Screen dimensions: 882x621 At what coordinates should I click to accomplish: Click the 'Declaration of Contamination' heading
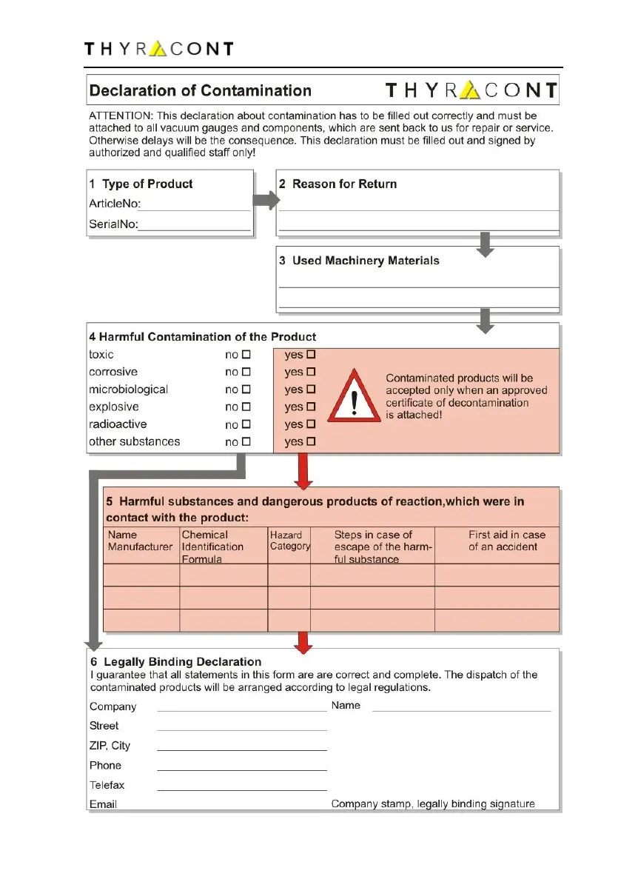[200, 91]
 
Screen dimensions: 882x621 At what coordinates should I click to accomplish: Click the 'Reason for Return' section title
[344, 184]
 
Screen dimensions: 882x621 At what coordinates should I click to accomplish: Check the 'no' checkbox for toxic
[246, 355]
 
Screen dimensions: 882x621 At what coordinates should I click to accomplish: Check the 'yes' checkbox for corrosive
[311, 372]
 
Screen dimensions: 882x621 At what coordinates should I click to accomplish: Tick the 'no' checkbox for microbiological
[246, 390]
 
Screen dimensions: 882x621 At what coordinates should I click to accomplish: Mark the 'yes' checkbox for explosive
[311, 407]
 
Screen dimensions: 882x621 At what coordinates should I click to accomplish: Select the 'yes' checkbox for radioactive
[311, 424]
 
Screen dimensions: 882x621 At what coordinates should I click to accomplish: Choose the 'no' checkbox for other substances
[246, 442]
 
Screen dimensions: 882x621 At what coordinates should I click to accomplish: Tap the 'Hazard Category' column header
[289, 541]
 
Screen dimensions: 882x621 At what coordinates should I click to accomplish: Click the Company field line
[242, 709]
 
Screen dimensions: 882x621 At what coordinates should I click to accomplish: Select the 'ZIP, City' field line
[242, 749]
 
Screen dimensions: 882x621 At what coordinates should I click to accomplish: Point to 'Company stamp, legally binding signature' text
[433, 804]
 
